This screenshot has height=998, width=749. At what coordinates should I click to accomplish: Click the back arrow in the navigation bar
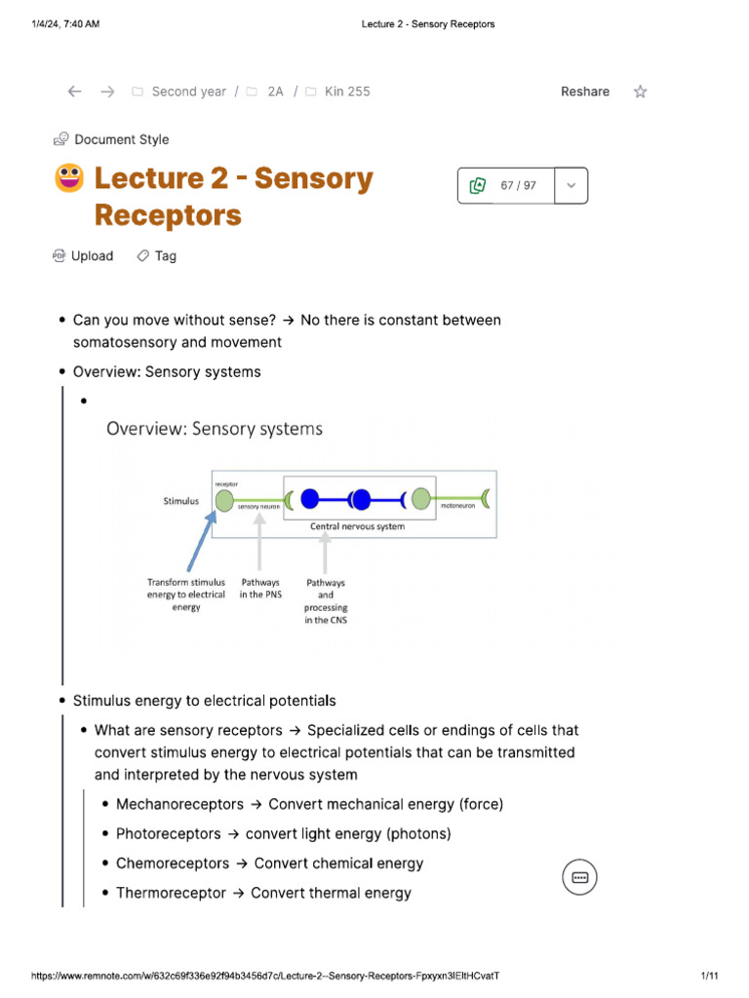tap(75, 92)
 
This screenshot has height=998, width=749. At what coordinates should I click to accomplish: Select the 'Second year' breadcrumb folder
tap(188, 92)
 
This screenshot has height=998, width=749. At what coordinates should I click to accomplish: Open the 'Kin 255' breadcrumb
tap(346, 92)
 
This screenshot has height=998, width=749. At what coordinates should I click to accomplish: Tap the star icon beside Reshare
tap(640, 92)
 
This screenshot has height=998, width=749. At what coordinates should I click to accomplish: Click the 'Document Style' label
tap(121, 139)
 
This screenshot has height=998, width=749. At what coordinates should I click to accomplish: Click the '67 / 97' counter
tap(518, 185)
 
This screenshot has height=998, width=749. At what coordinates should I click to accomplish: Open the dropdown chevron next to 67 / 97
tap(572, 185)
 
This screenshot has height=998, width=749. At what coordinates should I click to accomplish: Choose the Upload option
tap(92, 256)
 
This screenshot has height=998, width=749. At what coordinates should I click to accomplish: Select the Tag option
tap(165, 256)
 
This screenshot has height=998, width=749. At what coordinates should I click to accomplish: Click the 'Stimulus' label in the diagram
tap(181, 501)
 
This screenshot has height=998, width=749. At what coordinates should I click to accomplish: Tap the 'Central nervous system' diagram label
tap(357, 526)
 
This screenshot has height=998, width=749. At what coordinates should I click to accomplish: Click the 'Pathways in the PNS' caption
tap(260, 589)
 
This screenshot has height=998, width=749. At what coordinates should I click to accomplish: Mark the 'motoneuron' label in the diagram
tap(456, 507)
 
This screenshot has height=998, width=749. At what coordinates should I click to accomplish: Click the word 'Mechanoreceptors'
tap(179, 805)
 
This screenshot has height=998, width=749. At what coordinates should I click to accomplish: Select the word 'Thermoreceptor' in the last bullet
tap(171, 893)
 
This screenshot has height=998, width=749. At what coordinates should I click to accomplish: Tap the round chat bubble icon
tap(579, 877)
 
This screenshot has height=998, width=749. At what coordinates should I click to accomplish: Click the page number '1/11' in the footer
tap(709, 976)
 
